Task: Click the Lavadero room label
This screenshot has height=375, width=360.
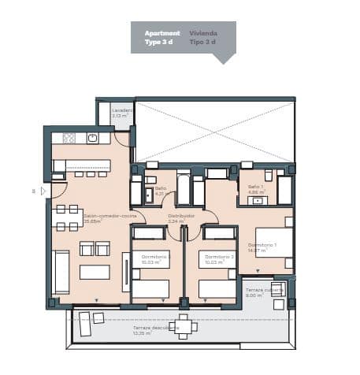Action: (122, 110)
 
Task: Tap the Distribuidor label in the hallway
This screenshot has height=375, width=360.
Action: (180, 215)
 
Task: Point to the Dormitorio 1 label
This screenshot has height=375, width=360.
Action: (262, 245)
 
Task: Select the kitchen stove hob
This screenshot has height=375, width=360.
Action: (69, 138)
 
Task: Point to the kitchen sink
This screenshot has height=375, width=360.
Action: (93, 138)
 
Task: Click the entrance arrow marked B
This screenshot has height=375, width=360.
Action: (43, 191)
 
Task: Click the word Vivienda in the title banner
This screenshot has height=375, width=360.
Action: (203, 34)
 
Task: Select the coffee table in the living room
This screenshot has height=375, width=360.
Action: (95, 272)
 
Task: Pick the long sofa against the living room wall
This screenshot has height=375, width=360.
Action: (61, 272)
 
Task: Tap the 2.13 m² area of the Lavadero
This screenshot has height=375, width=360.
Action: (119, 116)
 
